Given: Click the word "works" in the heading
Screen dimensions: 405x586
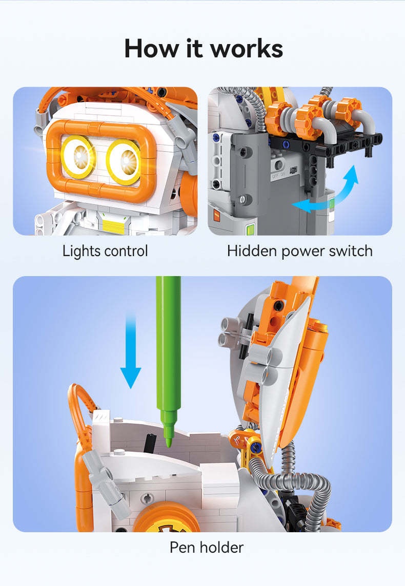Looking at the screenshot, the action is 247,49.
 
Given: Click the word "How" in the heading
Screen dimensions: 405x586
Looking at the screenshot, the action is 151,48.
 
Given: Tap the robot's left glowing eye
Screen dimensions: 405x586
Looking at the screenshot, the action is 78,156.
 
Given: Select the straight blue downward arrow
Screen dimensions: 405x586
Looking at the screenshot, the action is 131,351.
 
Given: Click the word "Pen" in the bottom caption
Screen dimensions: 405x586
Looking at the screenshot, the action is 182,548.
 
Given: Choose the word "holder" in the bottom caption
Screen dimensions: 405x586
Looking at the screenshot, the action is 221,547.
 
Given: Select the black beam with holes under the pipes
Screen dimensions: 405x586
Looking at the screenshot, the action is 326,146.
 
